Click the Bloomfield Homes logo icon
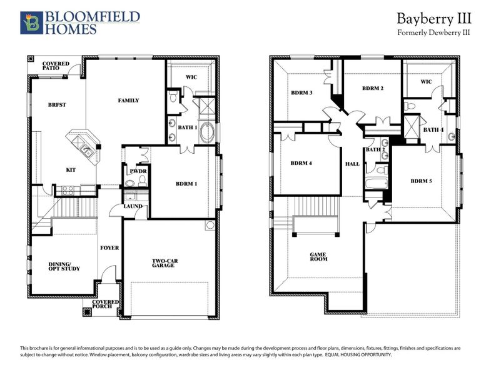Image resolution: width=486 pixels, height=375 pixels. point(31,22)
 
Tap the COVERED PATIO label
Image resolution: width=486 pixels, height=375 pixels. point(56,67)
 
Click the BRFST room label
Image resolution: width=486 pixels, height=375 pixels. point(57,104)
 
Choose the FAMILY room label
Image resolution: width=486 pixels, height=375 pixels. point(128,100)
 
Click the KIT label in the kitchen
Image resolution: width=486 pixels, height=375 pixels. point(72,169)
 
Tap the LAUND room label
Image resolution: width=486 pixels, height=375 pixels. point(133,206)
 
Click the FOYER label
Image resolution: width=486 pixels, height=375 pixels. point(109,247)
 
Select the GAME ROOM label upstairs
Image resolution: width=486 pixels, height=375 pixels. point(319,257)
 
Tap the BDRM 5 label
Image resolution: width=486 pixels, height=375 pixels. point(422,181)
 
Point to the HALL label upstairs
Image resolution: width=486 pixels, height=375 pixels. point(352,164)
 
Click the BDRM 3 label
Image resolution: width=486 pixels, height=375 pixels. point(301,93)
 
